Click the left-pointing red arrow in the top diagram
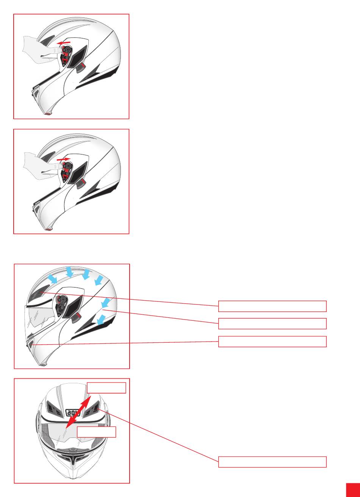(x=64, y=42)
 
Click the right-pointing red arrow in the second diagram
(x=64, y=159)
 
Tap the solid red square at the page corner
(x=353, y=490)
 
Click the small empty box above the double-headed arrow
(x=106, y=388)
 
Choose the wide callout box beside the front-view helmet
(x=272, y=462)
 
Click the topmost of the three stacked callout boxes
(x=272, y=306)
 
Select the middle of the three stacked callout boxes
(x=272, y=323)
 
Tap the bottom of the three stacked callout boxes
(x=272, y=341)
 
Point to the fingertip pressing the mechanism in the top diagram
(x=59, y=50)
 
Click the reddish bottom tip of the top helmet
(x=48, y=114)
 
